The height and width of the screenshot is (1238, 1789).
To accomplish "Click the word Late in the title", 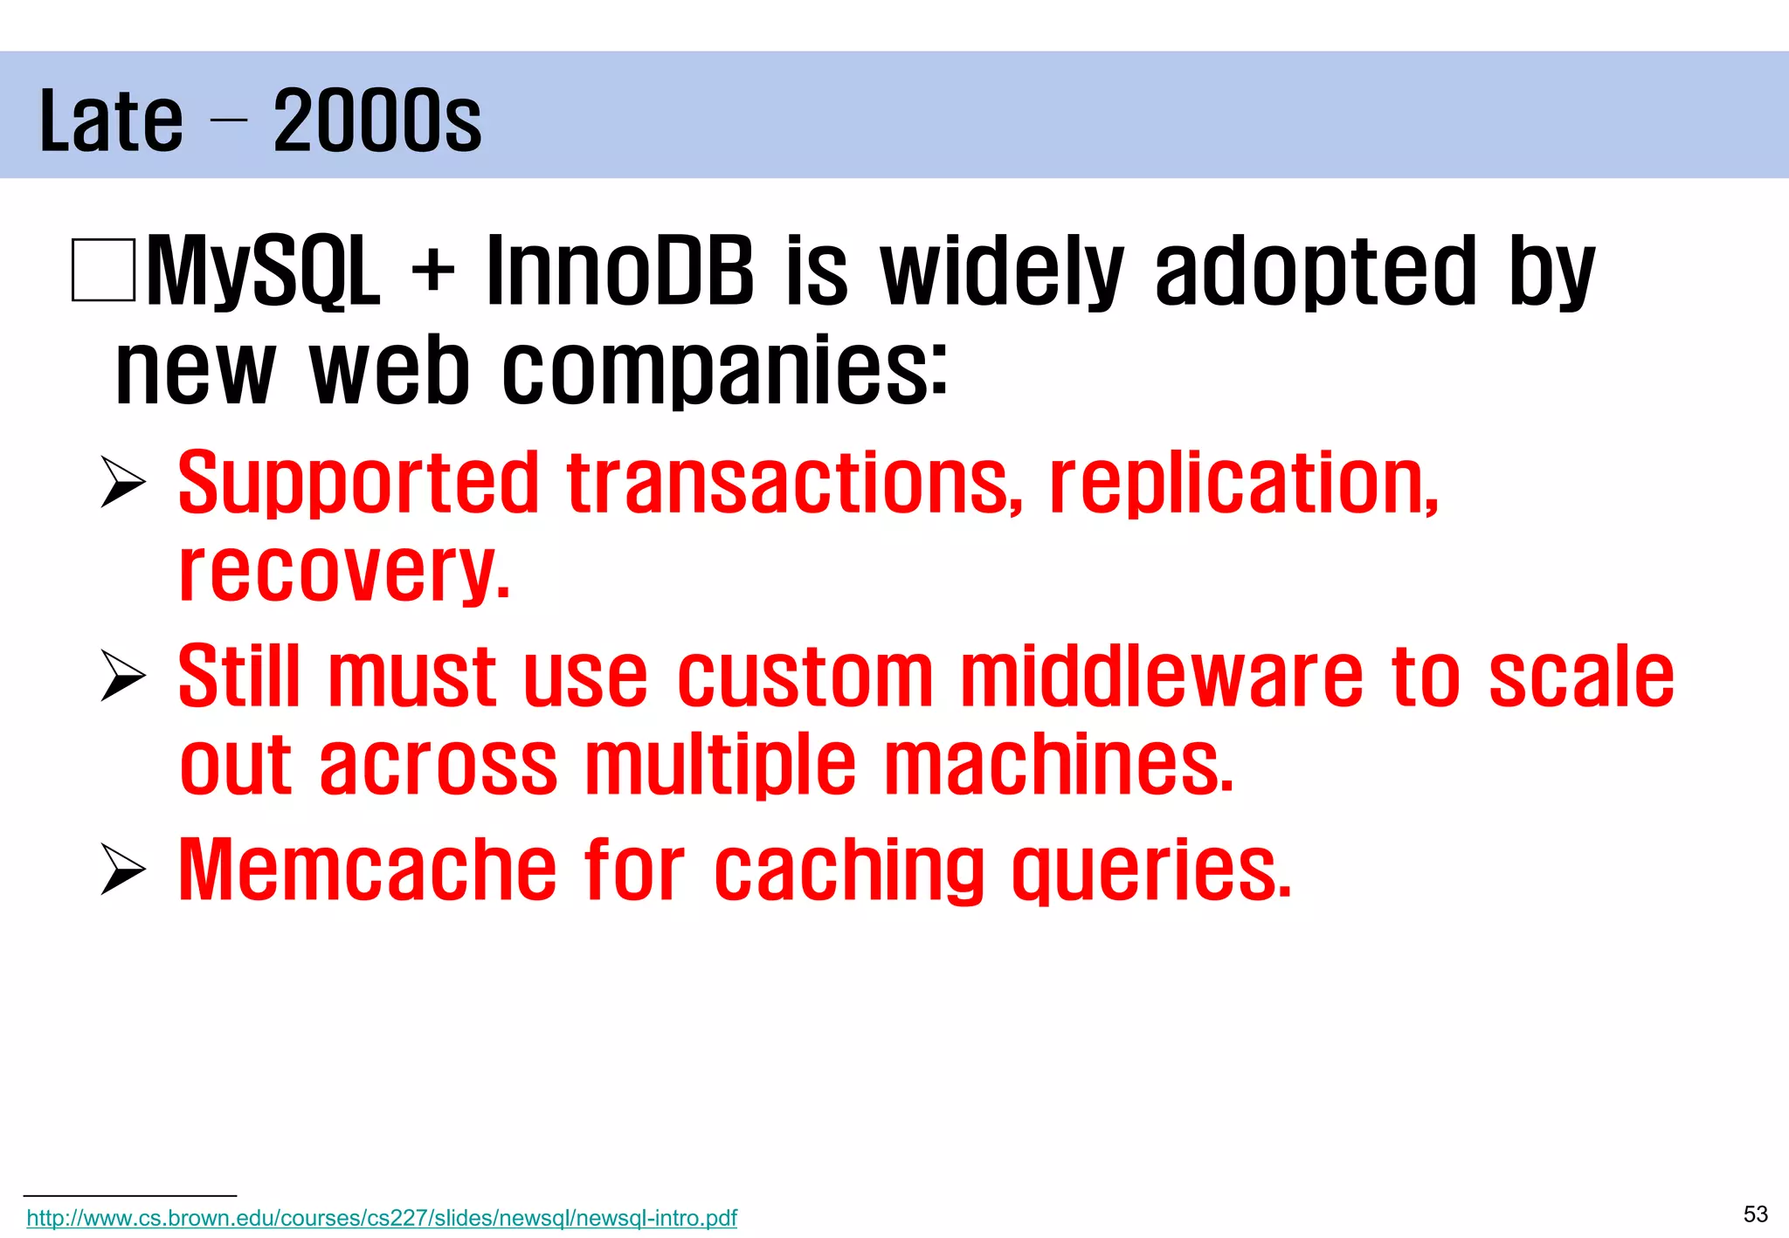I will [111, 121].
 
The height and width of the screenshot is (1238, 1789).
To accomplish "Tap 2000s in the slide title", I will [376, 121].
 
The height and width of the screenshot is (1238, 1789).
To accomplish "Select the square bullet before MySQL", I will [103, 270].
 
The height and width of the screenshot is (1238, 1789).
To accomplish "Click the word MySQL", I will [263, 272].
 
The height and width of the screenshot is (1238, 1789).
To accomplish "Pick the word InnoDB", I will [619, 272].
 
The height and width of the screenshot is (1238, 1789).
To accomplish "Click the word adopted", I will [1315, 272].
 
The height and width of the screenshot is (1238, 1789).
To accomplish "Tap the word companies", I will [723, 370].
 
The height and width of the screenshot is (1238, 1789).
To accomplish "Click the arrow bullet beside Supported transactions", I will [122, 481].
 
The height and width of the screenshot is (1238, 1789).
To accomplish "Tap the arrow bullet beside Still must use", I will [122, 675].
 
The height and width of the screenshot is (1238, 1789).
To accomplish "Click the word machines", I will [1059, 766].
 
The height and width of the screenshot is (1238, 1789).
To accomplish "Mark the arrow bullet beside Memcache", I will [122, 869].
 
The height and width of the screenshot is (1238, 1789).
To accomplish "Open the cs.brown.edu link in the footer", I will [382, 1218].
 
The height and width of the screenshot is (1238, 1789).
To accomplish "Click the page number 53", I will [1755, 1214].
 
